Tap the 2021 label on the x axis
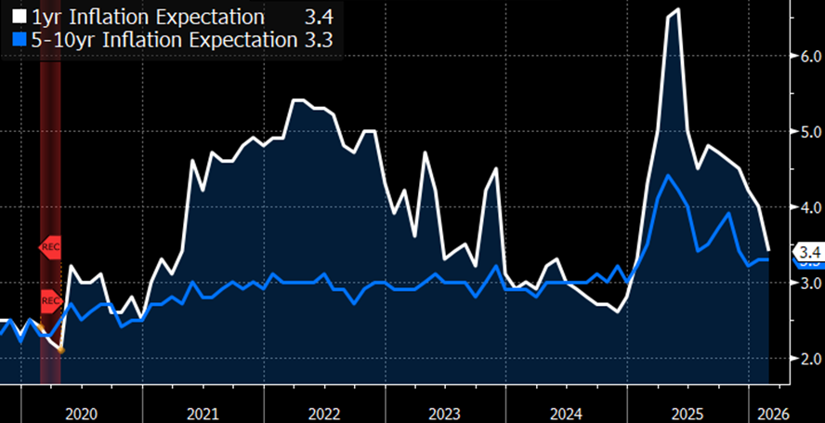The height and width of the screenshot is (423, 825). click(203, 413)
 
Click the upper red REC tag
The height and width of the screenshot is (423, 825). click(50, 247)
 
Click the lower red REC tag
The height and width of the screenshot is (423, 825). click(50, 300)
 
